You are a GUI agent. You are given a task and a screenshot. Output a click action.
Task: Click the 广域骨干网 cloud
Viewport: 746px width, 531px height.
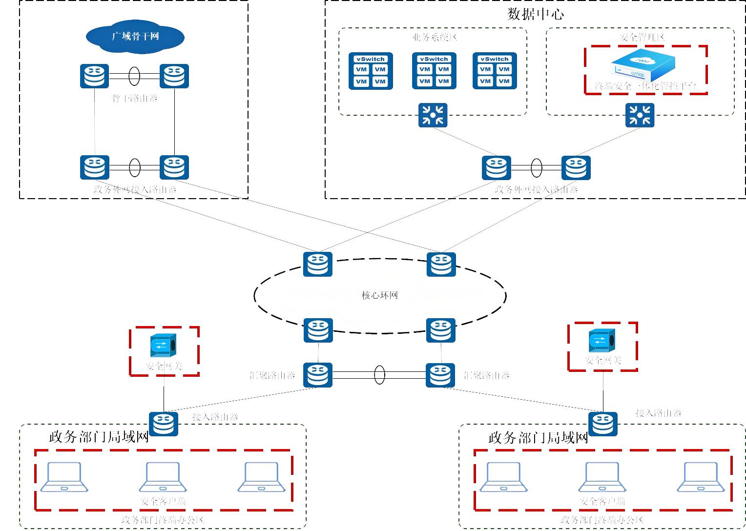[135, 37]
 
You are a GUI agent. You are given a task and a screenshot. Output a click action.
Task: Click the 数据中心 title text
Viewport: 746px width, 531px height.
[536, 14]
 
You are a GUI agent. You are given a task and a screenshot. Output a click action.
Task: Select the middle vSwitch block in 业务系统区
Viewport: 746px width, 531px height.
[434, 71]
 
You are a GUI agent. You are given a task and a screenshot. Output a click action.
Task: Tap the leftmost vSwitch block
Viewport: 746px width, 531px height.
[371, 71]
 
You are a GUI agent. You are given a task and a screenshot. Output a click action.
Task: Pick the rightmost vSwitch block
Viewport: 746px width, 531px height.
[495, 71]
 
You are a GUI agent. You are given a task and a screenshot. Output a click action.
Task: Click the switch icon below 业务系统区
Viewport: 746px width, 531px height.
[433, 115]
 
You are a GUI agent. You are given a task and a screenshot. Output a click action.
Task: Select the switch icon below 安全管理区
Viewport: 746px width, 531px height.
[640, 115]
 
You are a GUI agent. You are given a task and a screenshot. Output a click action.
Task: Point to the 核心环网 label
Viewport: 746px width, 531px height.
[379, 295]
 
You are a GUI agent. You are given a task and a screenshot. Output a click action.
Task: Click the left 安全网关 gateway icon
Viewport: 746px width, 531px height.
[163, 346]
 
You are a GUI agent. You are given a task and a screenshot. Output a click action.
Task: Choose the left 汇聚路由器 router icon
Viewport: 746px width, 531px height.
[318, 375]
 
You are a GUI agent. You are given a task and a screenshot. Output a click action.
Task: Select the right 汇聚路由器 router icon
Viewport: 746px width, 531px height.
[440, 375]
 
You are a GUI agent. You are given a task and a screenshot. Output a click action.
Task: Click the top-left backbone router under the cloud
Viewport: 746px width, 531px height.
[95, 76]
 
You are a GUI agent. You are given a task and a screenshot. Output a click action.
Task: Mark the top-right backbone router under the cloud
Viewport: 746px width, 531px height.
[174, 76]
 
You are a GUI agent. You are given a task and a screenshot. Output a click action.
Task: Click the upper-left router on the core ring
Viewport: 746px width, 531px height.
[318, 264]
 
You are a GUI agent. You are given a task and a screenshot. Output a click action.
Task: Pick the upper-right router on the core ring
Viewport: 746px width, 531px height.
[441, 264]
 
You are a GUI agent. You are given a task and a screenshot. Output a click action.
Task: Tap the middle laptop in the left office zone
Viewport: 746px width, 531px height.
[163, 477]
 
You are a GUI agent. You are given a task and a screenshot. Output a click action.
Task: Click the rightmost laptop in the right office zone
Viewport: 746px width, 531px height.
[701, 477]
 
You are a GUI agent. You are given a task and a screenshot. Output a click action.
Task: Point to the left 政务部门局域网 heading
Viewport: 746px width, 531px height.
[99, 437]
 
